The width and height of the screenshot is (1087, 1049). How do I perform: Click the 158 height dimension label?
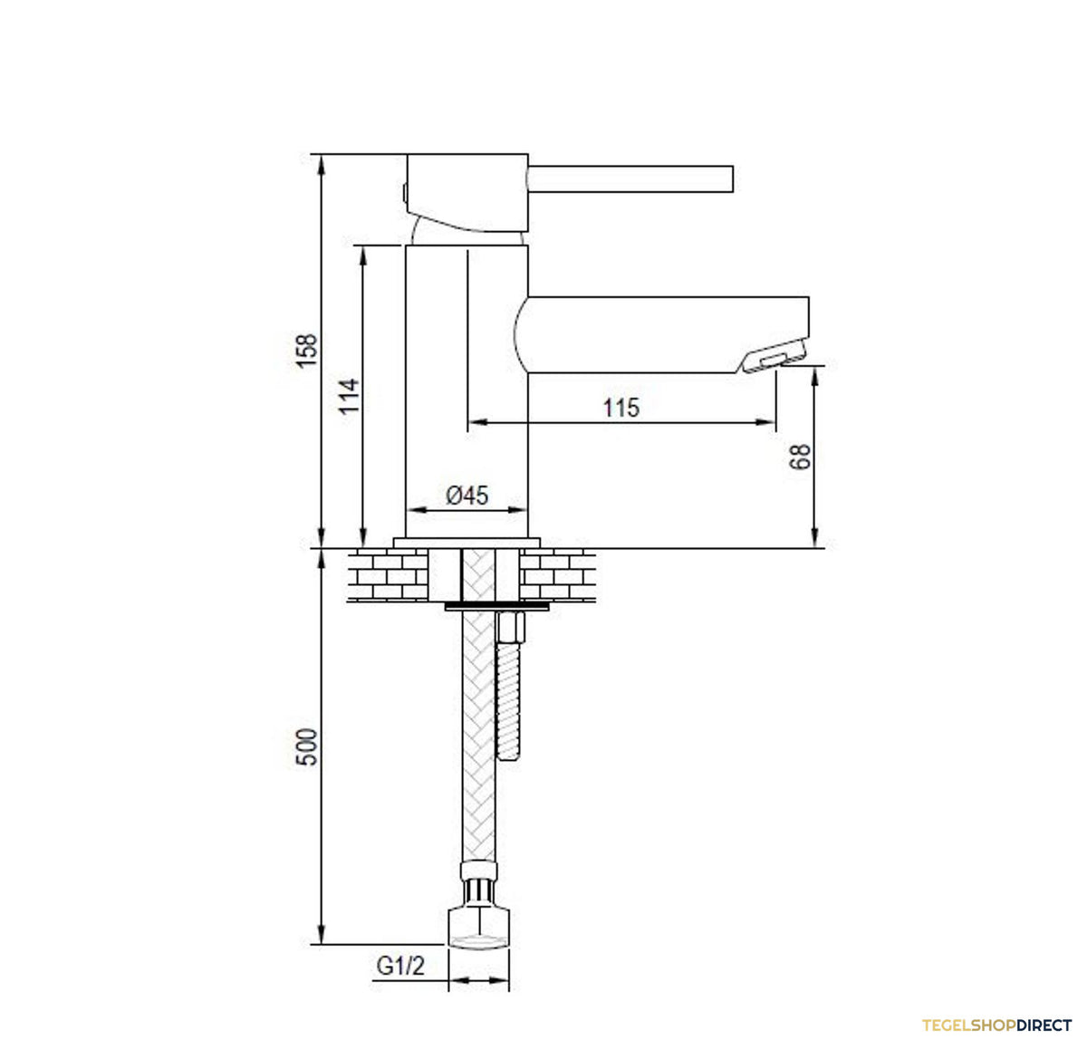pos(306,351)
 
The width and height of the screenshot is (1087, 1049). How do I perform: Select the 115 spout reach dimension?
pos(621,408)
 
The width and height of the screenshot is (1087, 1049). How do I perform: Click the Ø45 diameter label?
pos(467,495)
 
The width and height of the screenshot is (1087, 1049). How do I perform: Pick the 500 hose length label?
pos(306,746)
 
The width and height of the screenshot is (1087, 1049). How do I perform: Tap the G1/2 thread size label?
pos(400,966)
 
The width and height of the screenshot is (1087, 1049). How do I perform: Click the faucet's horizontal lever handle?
pos(630,178)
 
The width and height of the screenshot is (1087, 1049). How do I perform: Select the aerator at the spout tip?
pos(773,356)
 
